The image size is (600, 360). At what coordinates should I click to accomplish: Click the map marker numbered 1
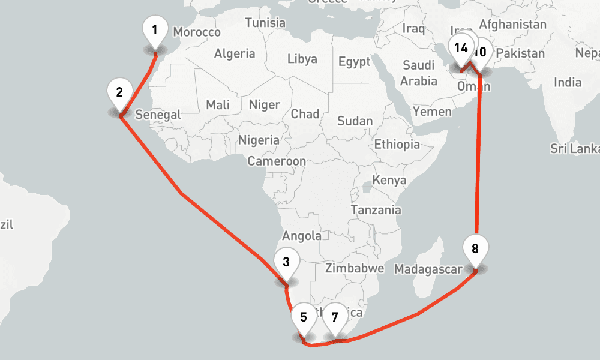coord(155,30)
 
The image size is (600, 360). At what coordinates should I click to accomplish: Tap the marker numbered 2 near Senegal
coord(120,93)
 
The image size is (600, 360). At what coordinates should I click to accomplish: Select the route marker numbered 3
coord(286,262)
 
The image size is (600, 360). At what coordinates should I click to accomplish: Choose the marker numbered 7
coord(335,317)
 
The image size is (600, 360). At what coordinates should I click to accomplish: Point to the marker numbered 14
coord(460,49)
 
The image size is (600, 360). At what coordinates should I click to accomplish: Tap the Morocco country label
coord(196,32)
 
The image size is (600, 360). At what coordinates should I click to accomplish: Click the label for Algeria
coord(235,53)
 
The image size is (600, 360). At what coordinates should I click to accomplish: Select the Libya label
coord(302,59)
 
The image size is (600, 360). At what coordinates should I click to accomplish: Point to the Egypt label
coord(354,61)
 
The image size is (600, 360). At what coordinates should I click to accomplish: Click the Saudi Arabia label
coord(419,73)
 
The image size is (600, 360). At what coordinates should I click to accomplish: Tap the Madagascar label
coord(428,269)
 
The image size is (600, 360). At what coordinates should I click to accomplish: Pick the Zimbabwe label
coord(354,268)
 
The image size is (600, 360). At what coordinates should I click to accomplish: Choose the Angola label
coord(302,236)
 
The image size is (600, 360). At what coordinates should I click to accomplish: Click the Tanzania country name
coord(376,210)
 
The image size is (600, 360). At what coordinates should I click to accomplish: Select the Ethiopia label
coord(397,144)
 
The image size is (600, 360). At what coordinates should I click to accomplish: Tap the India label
coord(567,82)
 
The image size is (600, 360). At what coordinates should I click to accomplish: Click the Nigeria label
coord(259,140)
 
